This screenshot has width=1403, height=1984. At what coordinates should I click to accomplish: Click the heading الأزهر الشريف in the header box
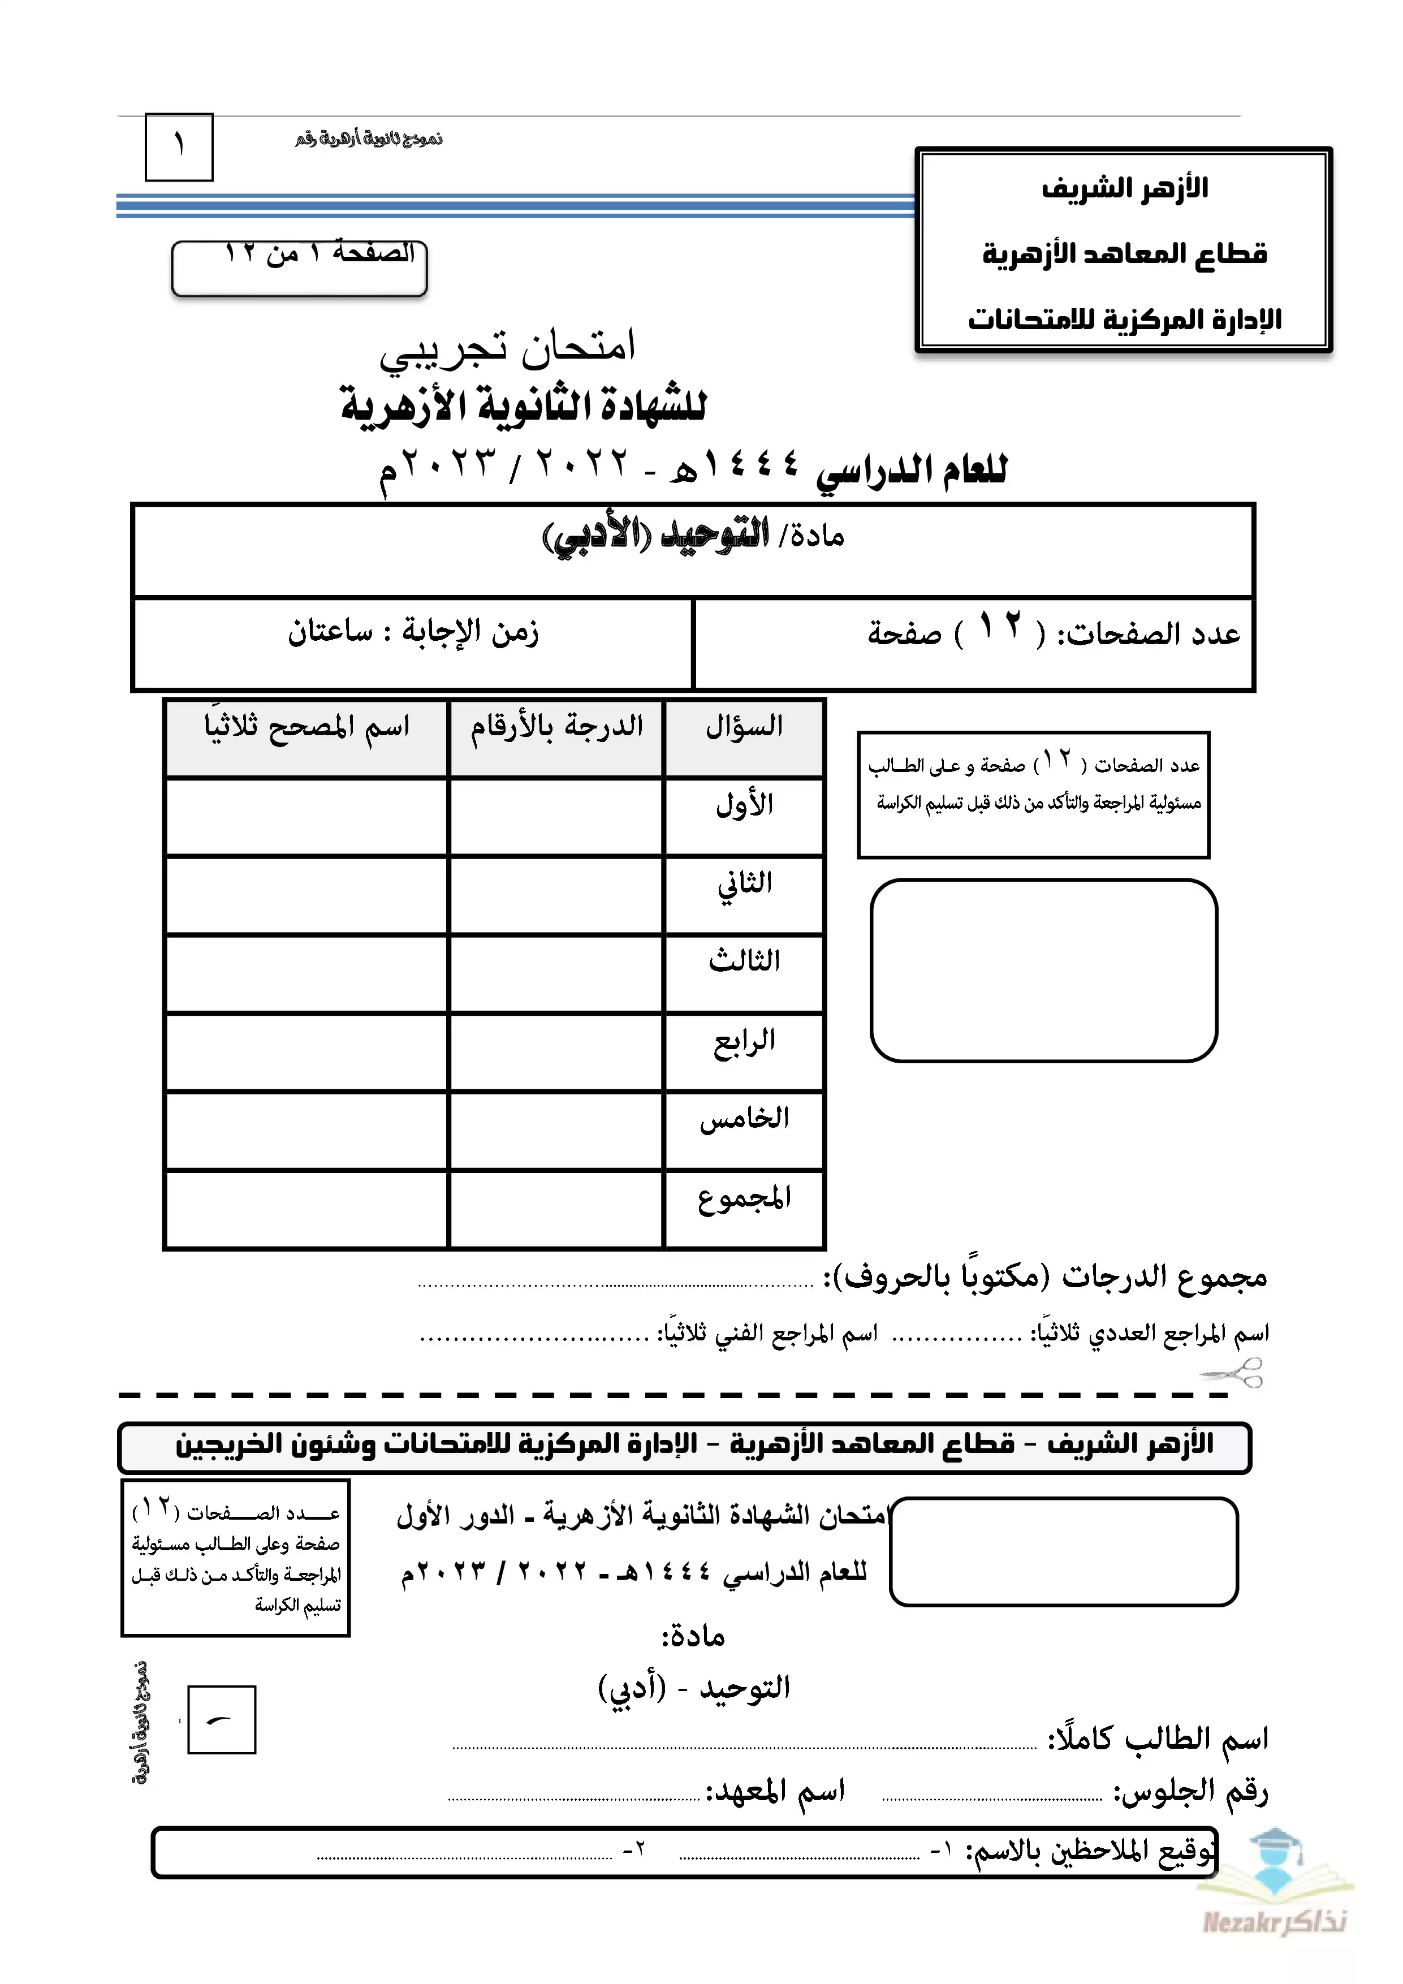pos(1124,188)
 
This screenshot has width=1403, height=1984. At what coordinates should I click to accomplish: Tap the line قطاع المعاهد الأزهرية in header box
pos(1124,254)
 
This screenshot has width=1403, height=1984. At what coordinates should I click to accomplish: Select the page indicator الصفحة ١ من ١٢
pos(319,253)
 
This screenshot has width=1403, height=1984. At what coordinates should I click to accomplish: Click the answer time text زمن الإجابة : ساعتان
pos(413,632)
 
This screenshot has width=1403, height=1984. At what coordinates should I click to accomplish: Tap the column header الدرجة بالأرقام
pos(556,726)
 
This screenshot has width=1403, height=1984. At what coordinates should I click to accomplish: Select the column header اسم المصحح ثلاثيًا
pos(306,726)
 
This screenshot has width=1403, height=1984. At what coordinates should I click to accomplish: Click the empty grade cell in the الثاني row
pos(555,895)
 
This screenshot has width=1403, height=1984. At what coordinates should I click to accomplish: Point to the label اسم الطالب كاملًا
pos(1158,1739)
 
